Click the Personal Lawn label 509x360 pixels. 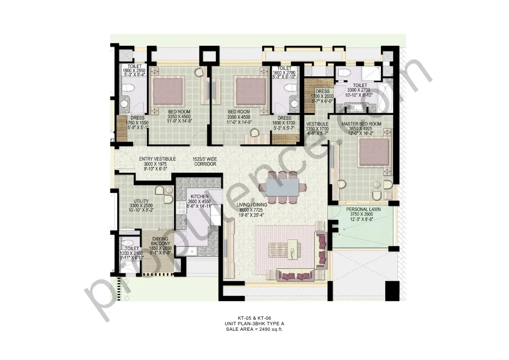[x=363, y=209]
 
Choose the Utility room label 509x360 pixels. [x=141, y=201]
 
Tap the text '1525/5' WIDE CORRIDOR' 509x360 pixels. [x=205, y=161]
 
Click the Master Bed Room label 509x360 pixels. [x=361, y=124]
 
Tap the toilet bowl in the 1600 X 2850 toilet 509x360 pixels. [x=129, y=89]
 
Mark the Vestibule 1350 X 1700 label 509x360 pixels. [x=317, y=124]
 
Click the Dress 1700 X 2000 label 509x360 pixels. [x=322, y=91]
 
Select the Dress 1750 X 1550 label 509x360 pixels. [x=137, y=118]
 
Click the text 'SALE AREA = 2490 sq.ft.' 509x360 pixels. [x=254, y=329]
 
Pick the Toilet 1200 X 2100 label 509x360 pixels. [x=132, y=248]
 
